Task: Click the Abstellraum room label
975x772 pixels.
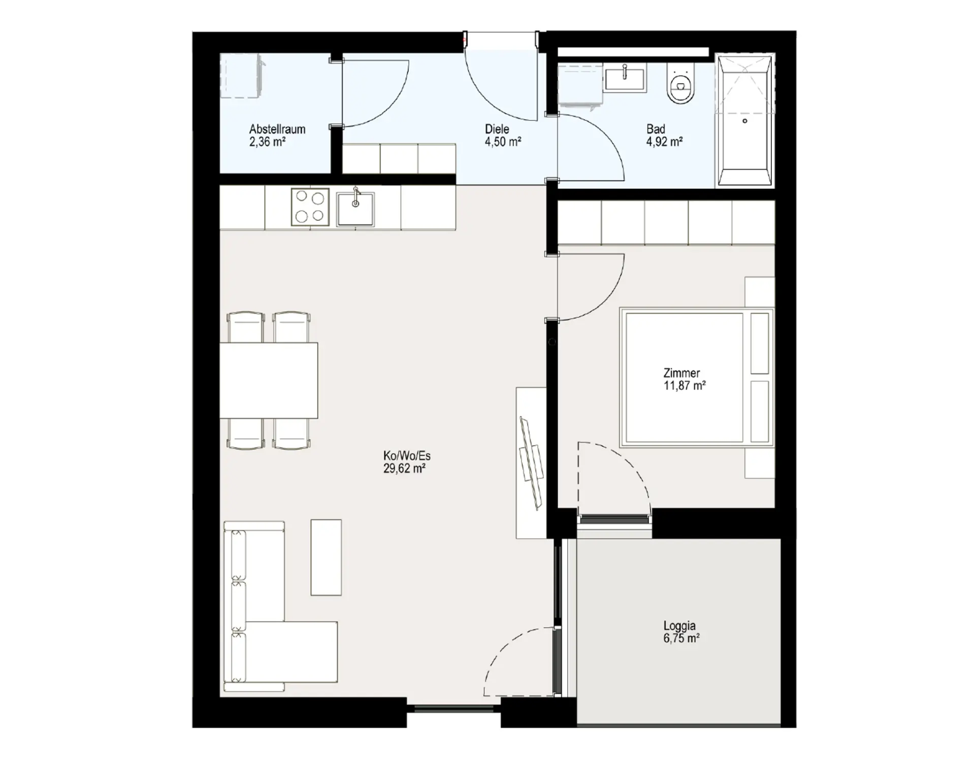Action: pyautogui.click(x=277, y=129)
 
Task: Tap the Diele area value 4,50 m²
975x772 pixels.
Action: pyautogui.click(x=503, y=142)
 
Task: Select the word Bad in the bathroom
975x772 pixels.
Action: pyautogui.click(x=656, y=129)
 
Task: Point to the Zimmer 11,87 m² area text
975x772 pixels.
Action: pyautogui.click(x=685, y=385)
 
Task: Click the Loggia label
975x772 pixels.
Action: pyautogui.click(x=679, y=626)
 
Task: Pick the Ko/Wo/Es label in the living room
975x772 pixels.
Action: pyautogui.click(x=407, y=456)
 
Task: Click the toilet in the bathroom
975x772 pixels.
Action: pyautogui.click(x=681, y=85)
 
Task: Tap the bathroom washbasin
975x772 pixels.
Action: pyautogui.click(x=625, y=78)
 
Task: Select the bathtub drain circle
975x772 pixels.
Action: pyautogui.click(x=745, y=121)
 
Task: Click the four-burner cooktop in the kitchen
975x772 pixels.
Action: pyautogui.click(x=310, y=207)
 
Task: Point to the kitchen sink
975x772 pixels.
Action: pyautogui.click(x=355, y=208)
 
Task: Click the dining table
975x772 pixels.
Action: pyautogui.click(x=269, y=380)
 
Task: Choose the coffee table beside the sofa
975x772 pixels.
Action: pyautogui.click(x=326, y=557)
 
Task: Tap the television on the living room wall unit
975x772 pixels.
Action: pyautogui.click(x=532, y=463)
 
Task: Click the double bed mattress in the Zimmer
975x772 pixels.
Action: pyautogui.click(x=685, y=378)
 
